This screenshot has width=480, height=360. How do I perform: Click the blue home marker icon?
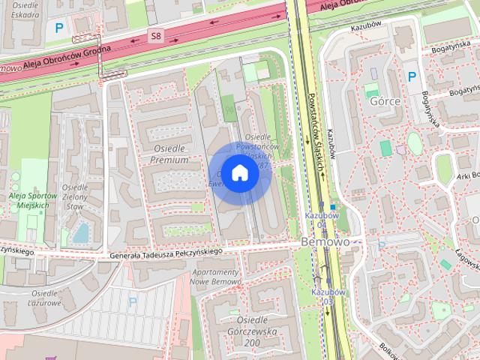tap(239, 174)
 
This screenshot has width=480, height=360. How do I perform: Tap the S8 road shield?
tap(156, 35)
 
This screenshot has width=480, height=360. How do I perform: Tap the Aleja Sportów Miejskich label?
tap(29, 200)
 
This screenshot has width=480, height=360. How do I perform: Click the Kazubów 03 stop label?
tap(328, 296)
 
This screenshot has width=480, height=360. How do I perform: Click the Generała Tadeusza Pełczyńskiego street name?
tap(166, 253)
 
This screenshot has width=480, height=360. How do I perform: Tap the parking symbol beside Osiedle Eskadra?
tap(59, 28)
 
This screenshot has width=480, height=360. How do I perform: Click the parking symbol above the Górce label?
tap(411, 76)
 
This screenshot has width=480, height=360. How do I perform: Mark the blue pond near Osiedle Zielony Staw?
tap(80, 233)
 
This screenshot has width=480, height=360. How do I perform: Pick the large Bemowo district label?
tap(325, 242)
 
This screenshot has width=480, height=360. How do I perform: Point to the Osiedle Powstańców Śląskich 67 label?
tap(259, 151)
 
